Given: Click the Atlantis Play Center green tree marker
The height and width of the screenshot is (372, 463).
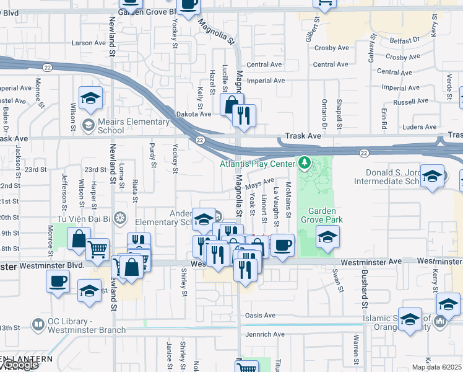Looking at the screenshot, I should click(303, 163).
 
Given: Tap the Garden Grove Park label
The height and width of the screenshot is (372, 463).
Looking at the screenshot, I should click(318, 215).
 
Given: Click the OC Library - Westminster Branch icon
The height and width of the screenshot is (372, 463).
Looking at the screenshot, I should click(38, 324).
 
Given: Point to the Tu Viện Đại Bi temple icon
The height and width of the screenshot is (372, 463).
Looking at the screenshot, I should click(120, 218).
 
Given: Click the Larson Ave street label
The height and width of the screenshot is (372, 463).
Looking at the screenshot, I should click(89, 43).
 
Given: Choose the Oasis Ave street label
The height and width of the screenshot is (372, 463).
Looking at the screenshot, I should click(260, 315).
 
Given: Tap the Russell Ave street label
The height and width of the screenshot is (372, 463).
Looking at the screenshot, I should click(410, 102).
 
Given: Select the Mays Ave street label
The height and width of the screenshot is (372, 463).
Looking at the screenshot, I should click(260, 184).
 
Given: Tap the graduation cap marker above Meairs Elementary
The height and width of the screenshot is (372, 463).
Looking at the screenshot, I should click(90, 98).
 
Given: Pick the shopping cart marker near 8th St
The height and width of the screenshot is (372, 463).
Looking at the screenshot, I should click(97, 249).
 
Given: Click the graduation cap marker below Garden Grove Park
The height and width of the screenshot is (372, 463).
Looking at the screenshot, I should click(327, 236).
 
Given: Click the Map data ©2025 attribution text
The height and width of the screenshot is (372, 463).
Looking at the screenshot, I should click(437, 367).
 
